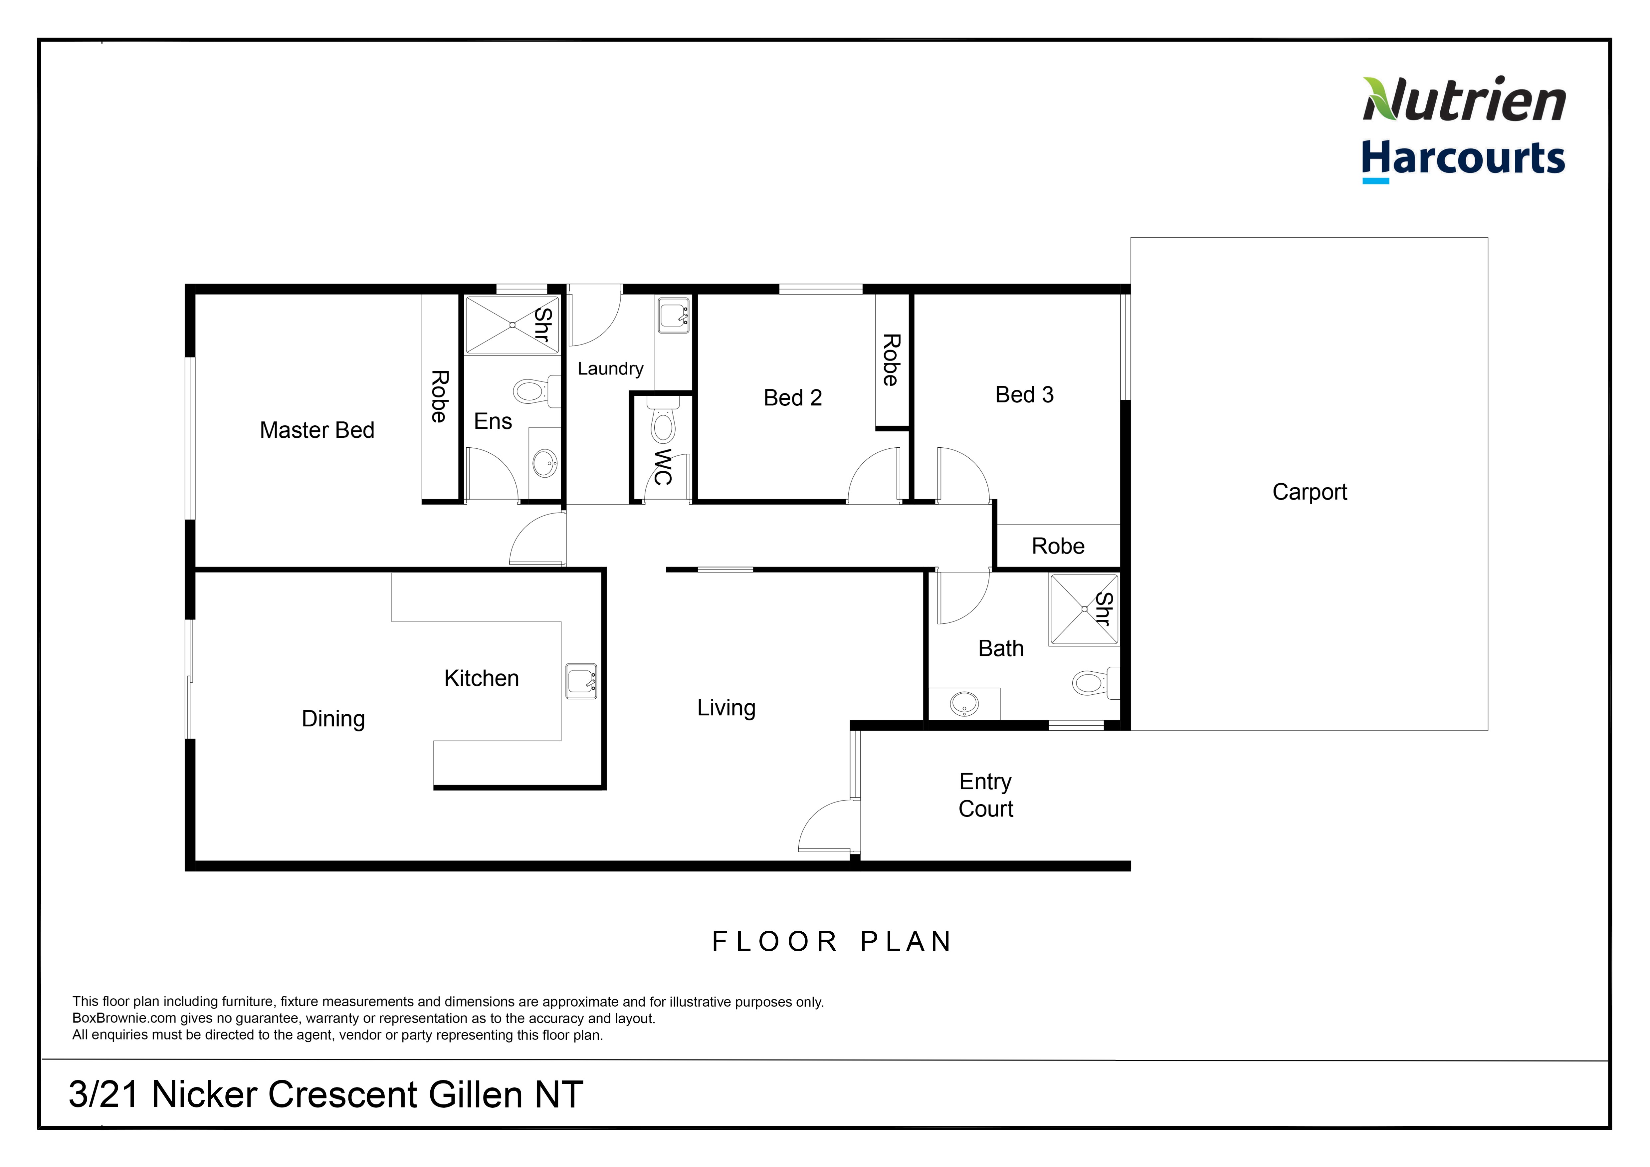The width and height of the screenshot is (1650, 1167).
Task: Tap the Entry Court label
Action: click(985, 795)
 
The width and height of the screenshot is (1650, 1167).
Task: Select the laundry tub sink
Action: click(673, 316)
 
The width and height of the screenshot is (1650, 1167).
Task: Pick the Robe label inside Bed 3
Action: click(1058, 546)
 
